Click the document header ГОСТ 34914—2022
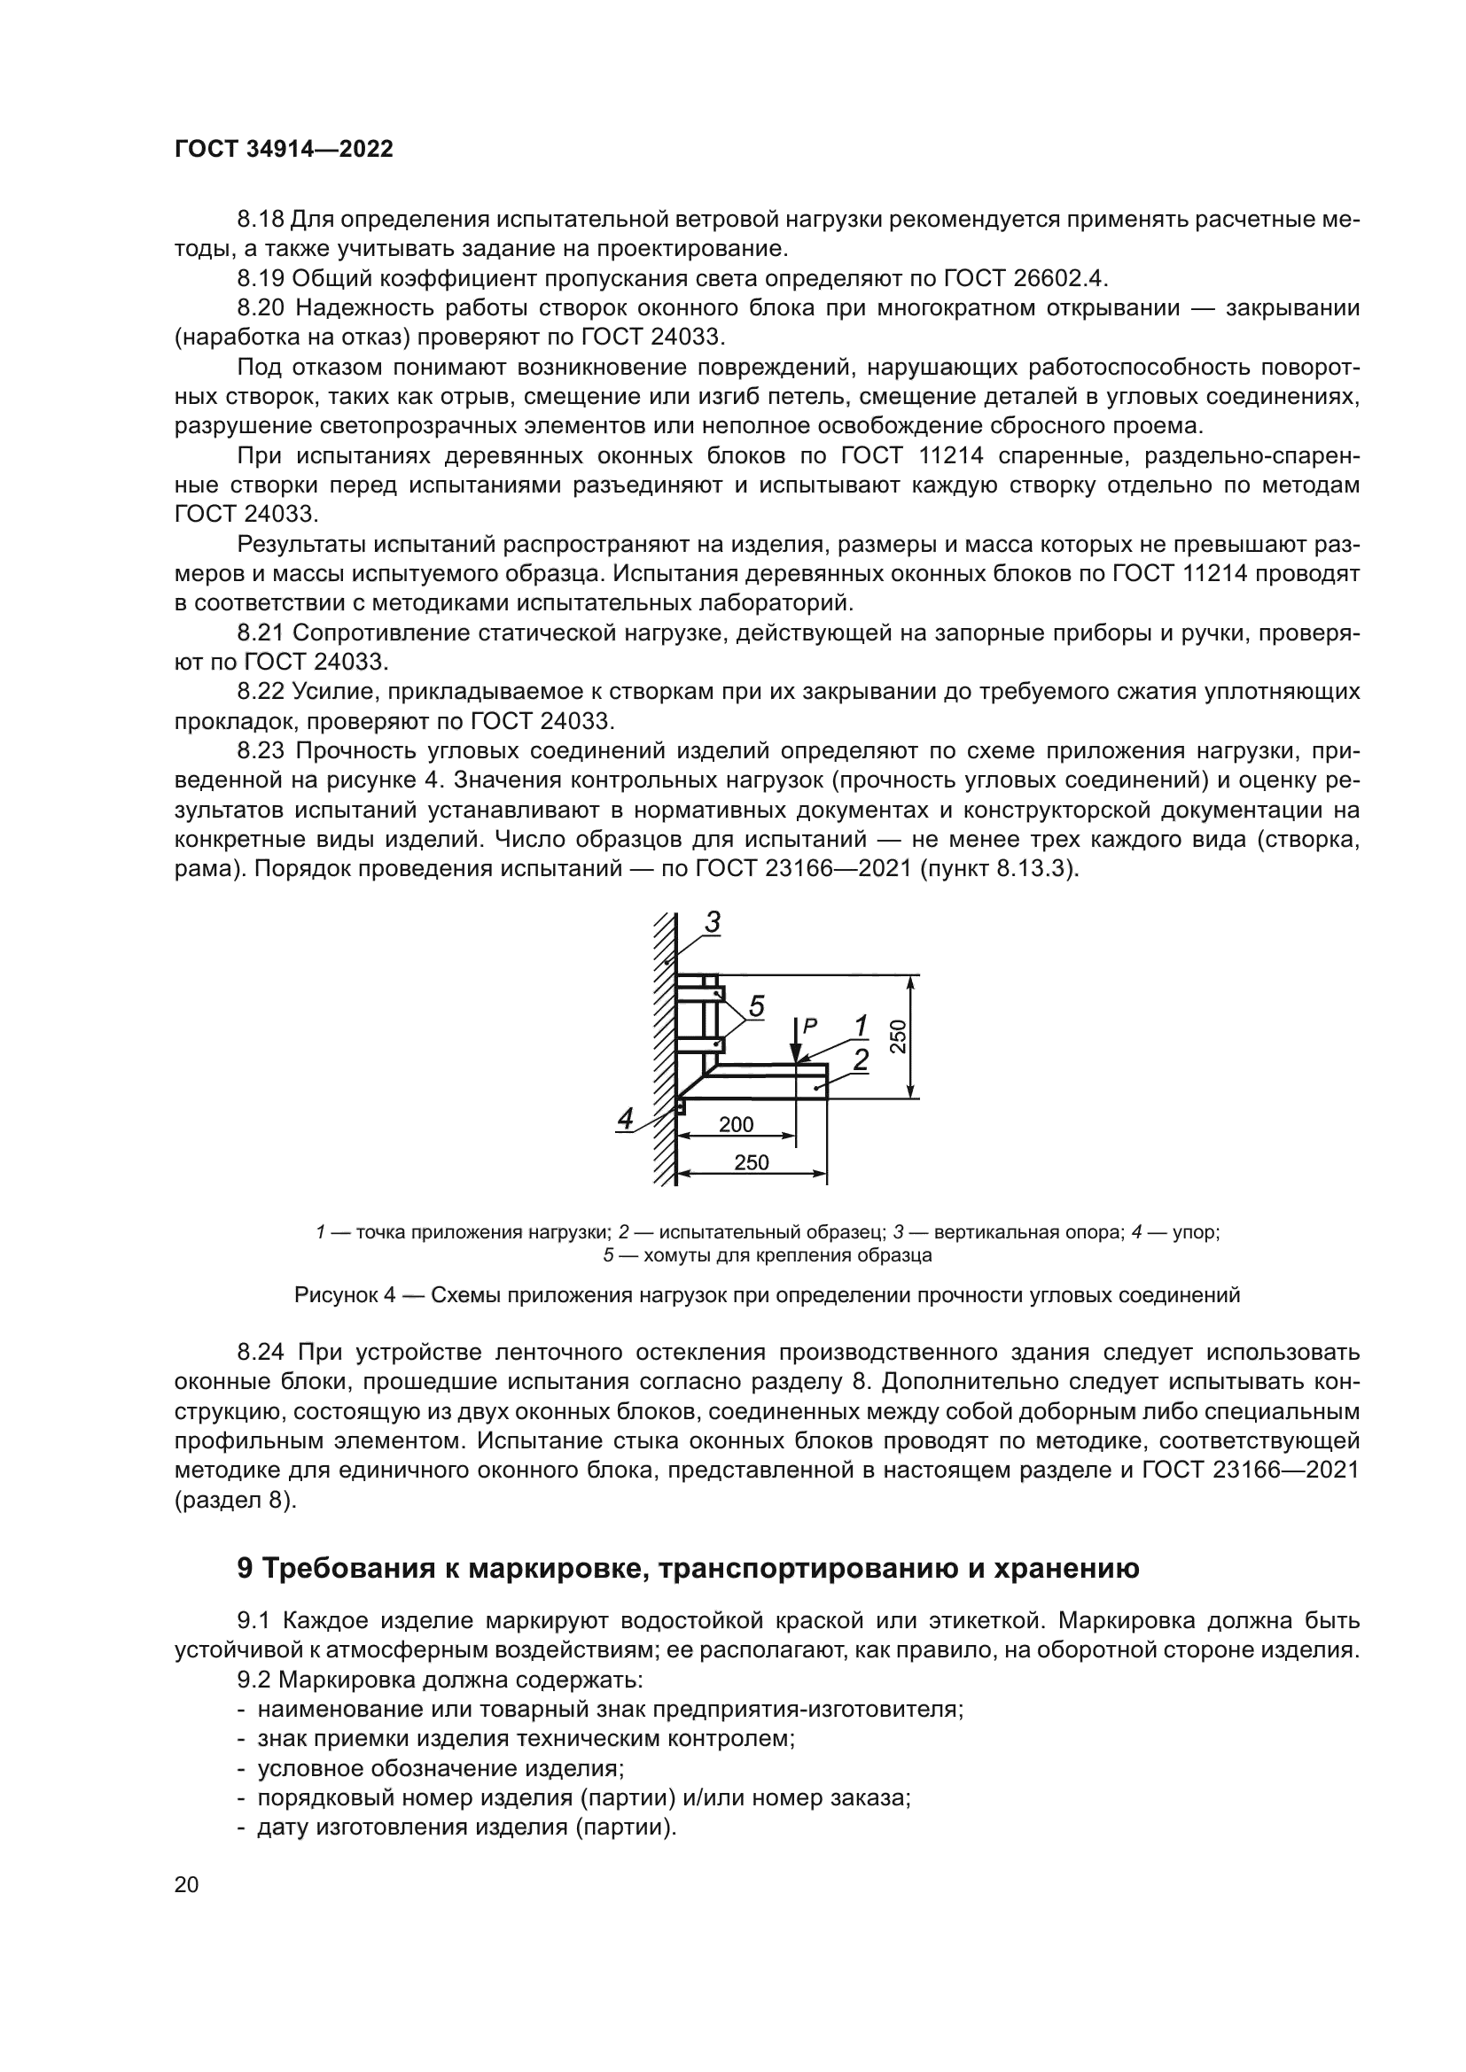pos(285,150)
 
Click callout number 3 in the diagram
pos(713,922)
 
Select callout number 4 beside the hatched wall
pos(625,1119)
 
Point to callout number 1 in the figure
pos(862,1026)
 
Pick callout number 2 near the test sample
pos(862,1059)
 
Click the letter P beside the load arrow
pos(810,1025)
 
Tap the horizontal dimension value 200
pos(736,1124)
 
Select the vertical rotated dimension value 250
pos(899,1037)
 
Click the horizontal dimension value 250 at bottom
pos(751,1162)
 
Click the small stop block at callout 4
pos(682,1105)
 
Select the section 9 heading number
pos(246,1569)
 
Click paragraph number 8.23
pos(261,752)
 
